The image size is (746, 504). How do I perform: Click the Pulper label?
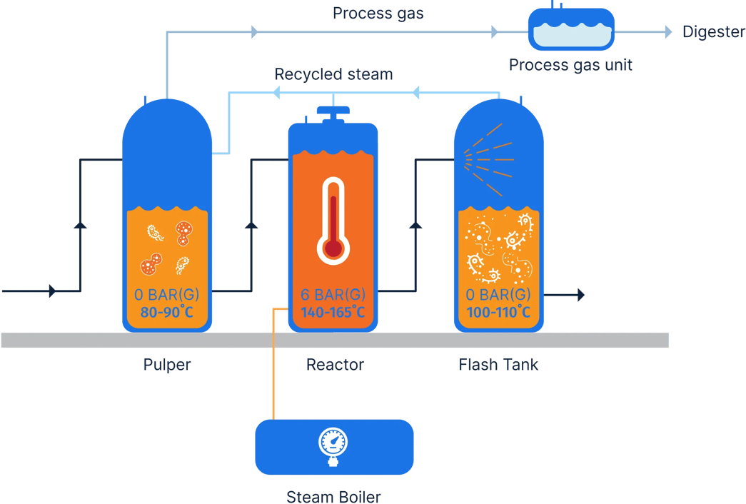pyautogui.click(x=167, y=365)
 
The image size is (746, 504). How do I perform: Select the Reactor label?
pyautogui.click(x=335, y=365)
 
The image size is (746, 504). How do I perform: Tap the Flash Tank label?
pyautogui.click(x=498, y=365)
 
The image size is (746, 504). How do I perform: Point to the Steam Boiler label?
pyautogui.click(x=334, y=495)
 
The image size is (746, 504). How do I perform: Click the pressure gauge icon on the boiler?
pyautogui.click(x=333, y=447)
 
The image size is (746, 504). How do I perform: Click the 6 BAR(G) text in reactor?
pyautogui.click(x=333, y=295)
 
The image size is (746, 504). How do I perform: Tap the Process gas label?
pyautogui.click(x=378, y=14)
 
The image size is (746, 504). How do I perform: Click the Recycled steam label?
pyautogui.click(x=333, y=74)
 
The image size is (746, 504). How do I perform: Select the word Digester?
pyautogui.click(x=712, y=31)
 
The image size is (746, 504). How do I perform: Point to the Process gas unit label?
pyautogui.click(x=570, y=66)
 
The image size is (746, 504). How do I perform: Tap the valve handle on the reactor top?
pyautogui.click(x=333, y=112)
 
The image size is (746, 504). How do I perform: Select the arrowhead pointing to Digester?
pyautogui.click(x=668, y=31)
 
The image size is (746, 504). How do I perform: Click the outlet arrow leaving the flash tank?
pyautogui.click(x=580, y=295)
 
